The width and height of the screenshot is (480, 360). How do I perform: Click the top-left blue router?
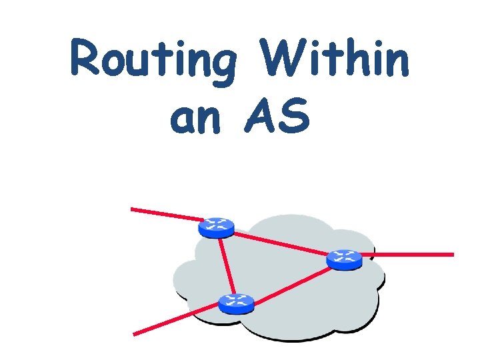coord(216,227)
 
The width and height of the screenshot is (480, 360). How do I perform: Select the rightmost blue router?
coord(345,258)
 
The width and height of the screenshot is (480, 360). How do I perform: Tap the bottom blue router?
coord(236,303)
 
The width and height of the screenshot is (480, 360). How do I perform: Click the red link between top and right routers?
coord(280,243)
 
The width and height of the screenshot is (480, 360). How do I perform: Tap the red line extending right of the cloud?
coord(413,254)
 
